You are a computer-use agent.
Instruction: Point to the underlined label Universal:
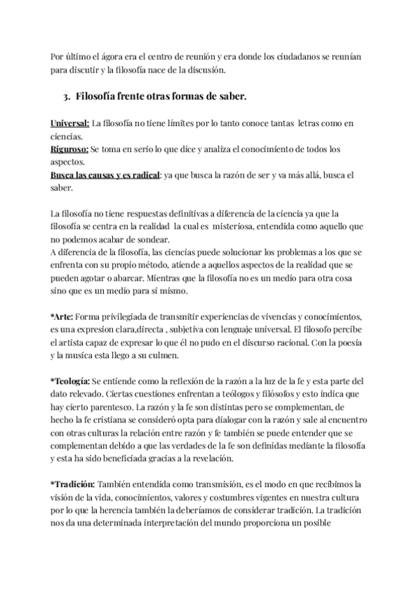coord(70,123)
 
